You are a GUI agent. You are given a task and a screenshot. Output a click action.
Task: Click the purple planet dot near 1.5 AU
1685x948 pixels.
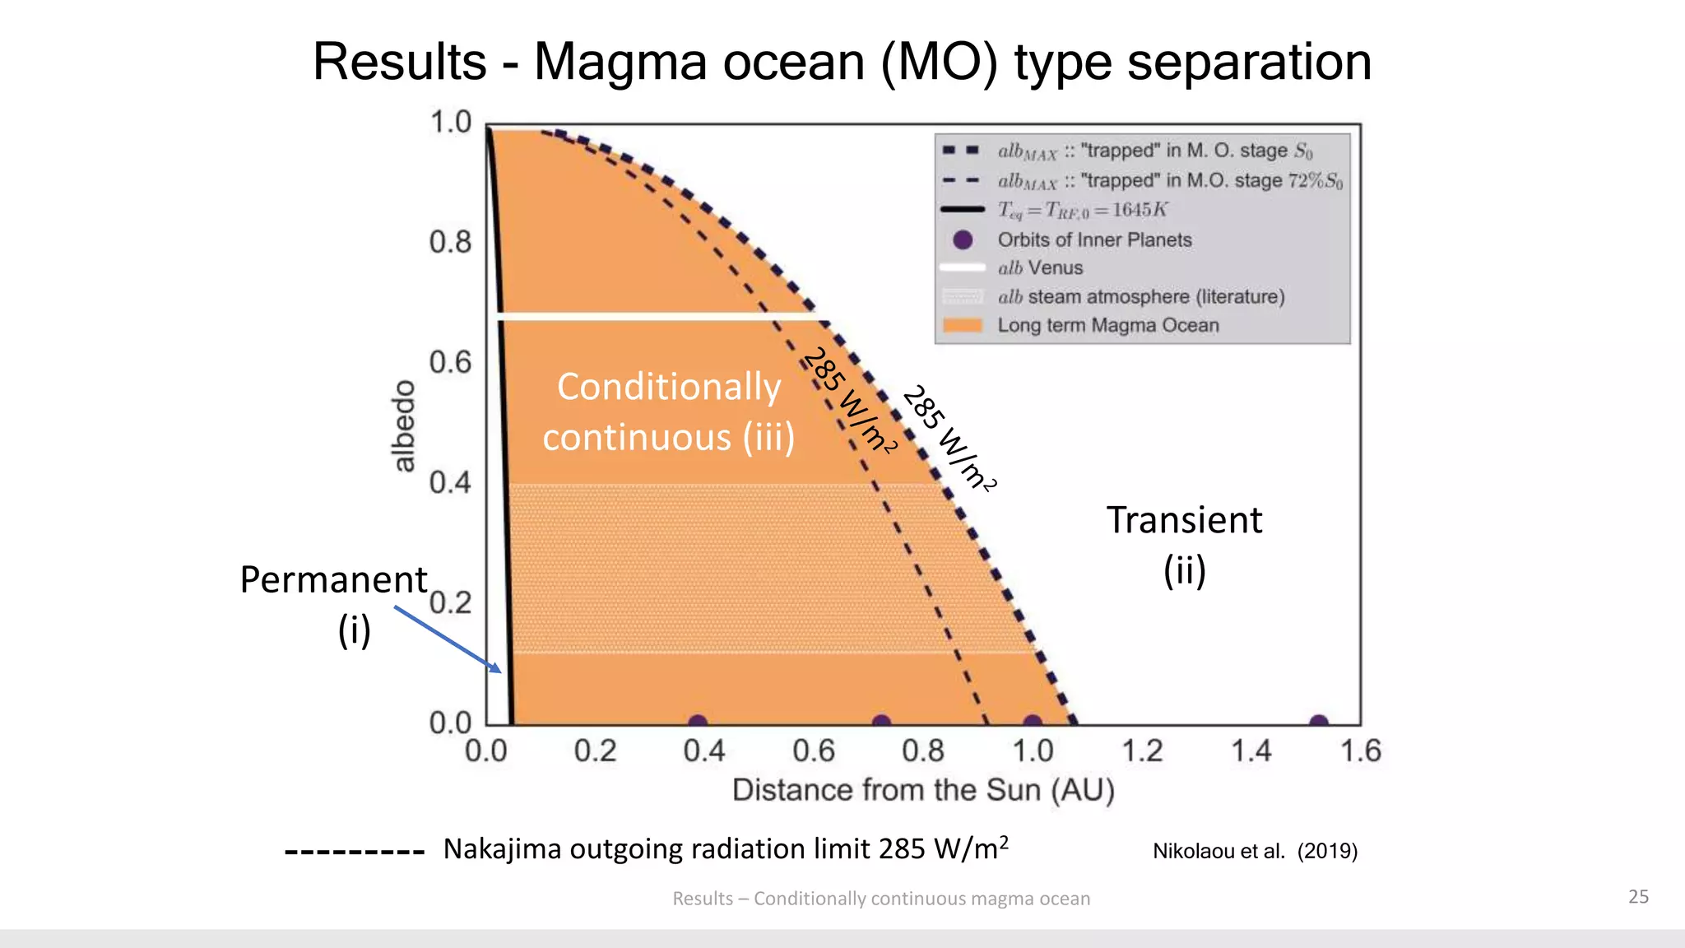pyautogui.click(x=1319, y=722)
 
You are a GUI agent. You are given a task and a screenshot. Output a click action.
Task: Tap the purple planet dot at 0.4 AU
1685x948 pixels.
pyautogui.click(x=698, y=722)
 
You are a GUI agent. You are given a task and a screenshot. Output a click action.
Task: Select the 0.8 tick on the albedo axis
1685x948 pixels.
pyautogui.click(x=450, y=242)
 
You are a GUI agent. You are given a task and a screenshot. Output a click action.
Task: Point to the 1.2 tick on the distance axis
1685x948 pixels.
pyautogui.click(x=1142, y=750)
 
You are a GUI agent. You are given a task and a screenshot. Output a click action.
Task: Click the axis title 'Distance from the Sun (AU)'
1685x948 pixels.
pyautogui.click(x=923, y=790)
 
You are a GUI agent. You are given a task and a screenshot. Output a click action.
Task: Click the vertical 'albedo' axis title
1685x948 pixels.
pyautogui.click(x=403, y=426)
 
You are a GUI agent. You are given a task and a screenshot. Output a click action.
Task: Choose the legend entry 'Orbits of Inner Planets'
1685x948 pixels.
pyautogui.click(x=1094, y=239)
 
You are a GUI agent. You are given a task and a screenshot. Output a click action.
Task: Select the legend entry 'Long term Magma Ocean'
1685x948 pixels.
pyautogui.click(x=1107, y=325)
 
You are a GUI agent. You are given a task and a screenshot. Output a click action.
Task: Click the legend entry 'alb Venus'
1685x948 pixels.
pyautogui.click(x=1040, y=267)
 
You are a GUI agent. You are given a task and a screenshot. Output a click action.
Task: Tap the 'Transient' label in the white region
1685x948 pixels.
pyautogui.click(x=1183, y=520)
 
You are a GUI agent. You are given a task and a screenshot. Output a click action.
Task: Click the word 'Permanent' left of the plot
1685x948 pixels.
pyautogui.click(x=333, y=580)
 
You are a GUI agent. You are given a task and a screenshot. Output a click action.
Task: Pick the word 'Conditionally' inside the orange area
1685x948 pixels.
pyautogui.click(x=668, y=387)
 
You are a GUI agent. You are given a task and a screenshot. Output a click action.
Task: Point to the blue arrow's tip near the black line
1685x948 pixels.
pyautogui.click(x=499, y=671)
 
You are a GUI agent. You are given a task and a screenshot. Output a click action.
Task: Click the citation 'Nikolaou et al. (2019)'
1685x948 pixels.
pyautogui.click(x=1255, y=851)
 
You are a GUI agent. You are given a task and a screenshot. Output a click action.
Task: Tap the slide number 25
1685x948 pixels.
pyautogui.click(x=1638, y=896)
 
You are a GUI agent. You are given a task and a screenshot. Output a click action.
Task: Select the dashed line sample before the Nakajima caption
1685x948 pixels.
pyautogui.click(x=354, y=852)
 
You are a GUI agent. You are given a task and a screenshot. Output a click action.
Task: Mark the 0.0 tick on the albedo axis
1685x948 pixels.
pyautogui.click(x=450, y=723)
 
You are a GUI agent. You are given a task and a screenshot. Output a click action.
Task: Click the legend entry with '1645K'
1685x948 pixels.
pyautogui.click(x=1082, y=210)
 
